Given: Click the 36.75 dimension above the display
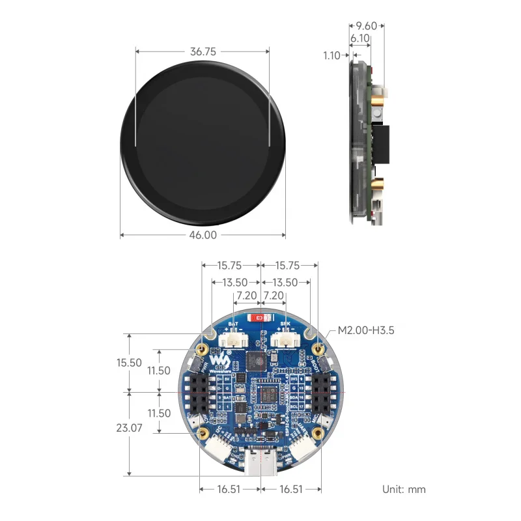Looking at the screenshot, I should click(x=203, y=50).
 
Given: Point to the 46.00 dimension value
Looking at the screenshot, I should click(x=203, y=235).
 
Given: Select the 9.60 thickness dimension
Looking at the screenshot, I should click(x=365, y=26).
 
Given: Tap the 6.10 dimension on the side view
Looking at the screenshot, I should click(x=360, y=39).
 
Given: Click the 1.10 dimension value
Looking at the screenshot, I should click(x=331, y=56).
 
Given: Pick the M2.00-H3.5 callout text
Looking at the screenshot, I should click(x=365, y=330).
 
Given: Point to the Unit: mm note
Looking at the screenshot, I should click(x=404, y=488).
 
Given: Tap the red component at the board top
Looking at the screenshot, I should click(x=263, y=318).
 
